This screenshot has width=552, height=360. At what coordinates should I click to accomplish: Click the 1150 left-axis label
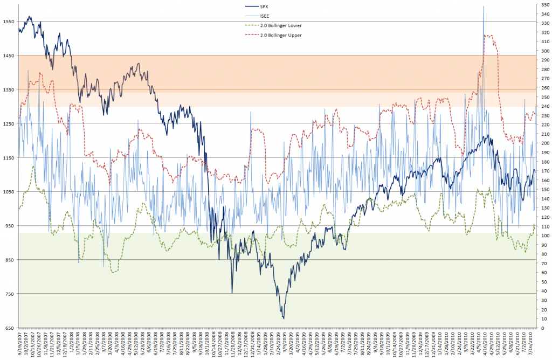[9, 157]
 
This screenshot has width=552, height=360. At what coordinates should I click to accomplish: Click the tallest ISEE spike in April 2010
[484, 6]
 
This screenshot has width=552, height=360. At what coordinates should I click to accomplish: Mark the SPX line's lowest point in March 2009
[284, 319]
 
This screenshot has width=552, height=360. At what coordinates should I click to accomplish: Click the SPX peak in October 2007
[29, 17]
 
